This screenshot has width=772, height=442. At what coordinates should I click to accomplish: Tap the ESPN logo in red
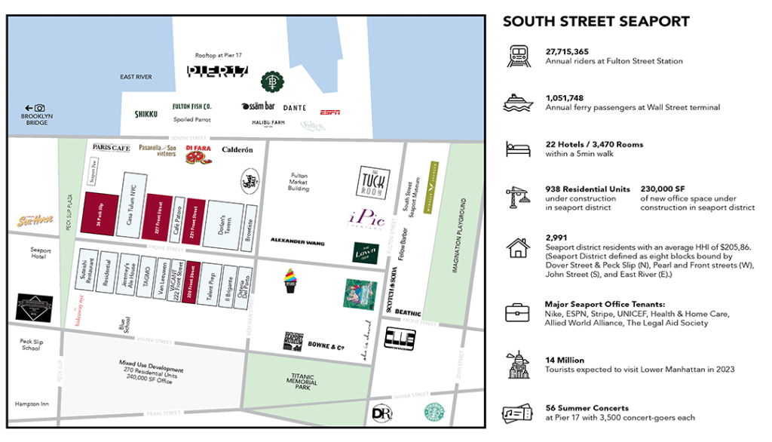329,112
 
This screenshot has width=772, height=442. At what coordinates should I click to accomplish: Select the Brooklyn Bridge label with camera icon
35,115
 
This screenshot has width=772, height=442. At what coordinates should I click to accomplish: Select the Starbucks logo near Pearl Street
433,413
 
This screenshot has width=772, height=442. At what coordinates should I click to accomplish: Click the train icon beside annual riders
519,56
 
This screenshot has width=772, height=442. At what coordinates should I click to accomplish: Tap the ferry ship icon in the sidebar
519,103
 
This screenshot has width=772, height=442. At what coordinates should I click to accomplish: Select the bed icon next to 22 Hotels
519,149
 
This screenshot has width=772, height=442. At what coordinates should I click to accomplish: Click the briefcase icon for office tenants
519,312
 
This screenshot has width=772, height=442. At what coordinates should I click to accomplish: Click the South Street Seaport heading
596,21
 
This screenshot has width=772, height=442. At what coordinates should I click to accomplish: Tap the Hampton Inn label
31,404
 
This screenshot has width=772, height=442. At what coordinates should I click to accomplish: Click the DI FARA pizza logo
198,154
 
